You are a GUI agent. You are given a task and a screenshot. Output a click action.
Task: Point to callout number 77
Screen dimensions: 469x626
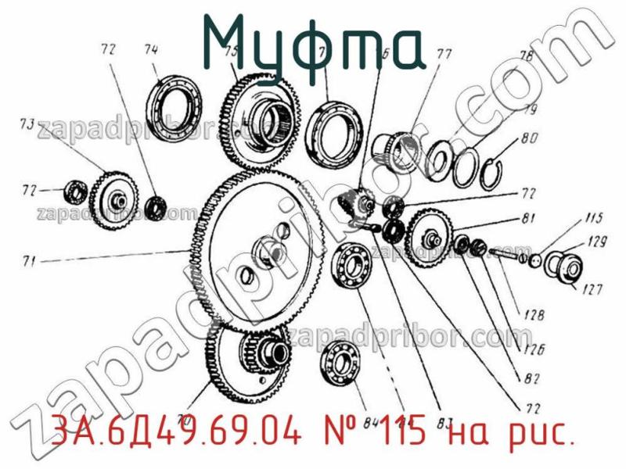point(444,55)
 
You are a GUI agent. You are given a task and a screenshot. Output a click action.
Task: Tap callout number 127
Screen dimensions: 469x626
point(592,290)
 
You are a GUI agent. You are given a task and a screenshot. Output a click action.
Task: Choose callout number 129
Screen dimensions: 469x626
point(596,243)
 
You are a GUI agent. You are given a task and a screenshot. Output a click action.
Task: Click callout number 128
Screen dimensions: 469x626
point(534,316)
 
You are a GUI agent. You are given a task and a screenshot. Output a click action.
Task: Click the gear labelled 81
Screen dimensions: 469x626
point(429,234)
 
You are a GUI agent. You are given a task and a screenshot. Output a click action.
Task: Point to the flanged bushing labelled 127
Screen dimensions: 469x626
point(566,267)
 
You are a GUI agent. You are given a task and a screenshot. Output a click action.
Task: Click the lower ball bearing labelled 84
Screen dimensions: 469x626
point(340,364)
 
